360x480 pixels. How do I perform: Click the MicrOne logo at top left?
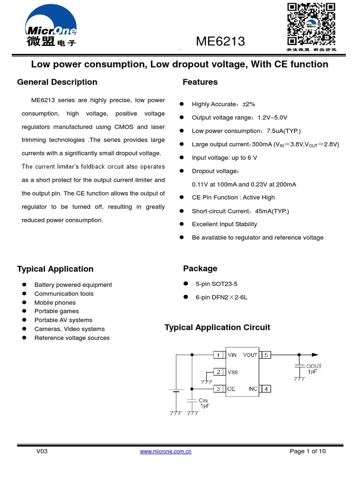click(x=51, y=29)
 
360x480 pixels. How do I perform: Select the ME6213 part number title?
click(x=220, y=42)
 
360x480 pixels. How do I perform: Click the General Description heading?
click(x=57, y=82)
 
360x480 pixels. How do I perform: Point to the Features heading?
click(x=200, y=82)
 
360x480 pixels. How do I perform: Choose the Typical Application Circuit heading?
click(x=217, y=327)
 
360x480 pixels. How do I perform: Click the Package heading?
click(x=200, y=268)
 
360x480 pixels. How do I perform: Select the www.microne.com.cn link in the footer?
click(x=166, y=451)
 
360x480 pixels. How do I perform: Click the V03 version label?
click(x=42, y=451)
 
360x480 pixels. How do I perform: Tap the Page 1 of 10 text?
click(x=307, y=451)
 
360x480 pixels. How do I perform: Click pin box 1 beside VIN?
click(x=218, y=355)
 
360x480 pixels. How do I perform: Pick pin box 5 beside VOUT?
click(x=265, y=355)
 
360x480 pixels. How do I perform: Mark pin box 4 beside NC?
click(x=265, y=389)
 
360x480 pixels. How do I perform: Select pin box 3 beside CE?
click(x=218, y=389)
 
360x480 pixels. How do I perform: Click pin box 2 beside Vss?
click(x=218, y=372)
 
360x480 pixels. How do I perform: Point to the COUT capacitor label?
click(x=314, y=366)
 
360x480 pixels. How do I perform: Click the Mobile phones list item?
click(x=55, y=302)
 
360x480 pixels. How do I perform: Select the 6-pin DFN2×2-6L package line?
click(x=221, y=297)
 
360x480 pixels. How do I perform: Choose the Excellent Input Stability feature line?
click(x=225, y=224)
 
